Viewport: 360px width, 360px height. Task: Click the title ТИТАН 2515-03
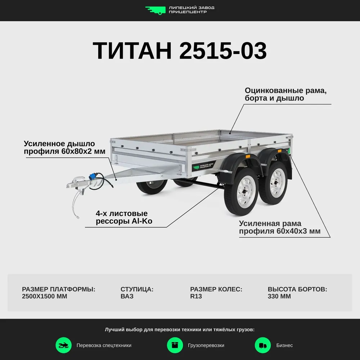[180, 50]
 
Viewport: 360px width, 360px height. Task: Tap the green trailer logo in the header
[156, 10]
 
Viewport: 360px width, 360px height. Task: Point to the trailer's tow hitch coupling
[77, 182]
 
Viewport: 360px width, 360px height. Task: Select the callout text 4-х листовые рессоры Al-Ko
[124, 217]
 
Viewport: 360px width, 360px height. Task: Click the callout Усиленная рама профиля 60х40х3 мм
[280, 227]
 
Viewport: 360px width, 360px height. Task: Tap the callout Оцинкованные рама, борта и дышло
[285, 94]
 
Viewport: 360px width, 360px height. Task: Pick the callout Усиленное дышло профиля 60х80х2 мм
[64, 147]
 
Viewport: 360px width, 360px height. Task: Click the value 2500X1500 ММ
[45, 296]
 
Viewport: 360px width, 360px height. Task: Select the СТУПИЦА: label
[137, 289]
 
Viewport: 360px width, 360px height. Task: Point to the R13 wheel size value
[196, 296]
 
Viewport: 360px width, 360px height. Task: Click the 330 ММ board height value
[279, 296]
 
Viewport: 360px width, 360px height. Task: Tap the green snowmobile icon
[64, 345]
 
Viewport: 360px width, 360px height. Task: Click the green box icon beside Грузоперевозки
[175, 345]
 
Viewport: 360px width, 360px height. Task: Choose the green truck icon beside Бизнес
[263, 345]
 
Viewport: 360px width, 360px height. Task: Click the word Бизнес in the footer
[284, 345]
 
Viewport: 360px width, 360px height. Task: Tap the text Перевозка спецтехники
[104, 345]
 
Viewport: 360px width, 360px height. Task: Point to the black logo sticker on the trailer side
[204, 166]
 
